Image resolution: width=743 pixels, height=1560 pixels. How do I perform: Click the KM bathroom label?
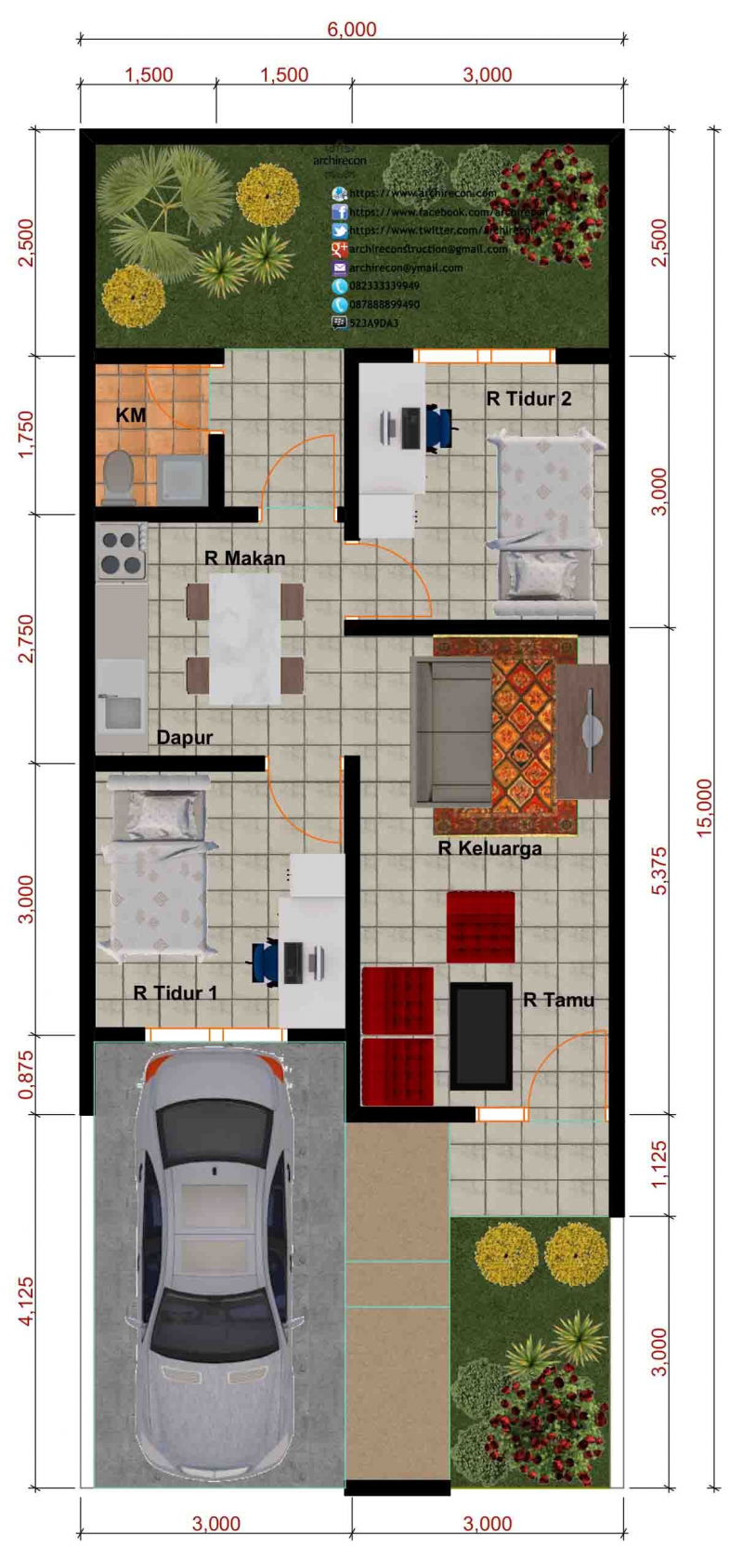click(x=130, y=415)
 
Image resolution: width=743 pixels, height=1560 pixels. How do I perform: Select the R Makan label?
click(x=244, y=557)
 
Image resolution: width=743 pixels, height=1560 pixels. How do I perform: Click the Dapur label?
click(x=184, y=737)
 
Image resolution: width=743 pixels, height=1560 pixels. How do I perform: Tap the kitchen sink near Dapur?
click(x=122, y=711)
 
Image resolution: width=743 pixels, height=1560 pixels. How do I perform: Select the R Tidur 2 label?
click(x=528, y=399)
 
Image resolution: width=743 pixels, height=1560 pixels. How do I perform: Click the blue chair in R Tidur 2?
click(x=440, y=428)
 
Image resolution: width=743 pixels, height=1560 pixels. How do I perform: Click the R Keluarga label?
click(x=489, y=847)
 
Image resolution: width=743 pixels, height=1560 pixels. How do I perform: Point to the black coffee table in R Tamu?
click(x=481, y=1036)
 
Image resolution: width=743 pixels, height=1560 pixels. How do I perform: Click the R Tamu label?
click(x=558, y=1000)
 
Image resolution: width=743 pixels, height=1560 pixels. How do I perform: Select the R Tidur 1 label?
click(x=175, y=992)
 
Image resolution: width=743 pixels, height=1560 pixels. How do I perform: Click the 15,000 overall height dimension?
click(x=705, y=807)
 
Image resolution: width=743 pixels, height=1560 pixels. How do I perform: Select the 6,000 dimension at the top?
click(x=352, y=29)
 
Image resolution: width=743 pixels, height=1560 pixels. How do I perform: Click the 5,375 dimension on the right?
click(x=658, y=871)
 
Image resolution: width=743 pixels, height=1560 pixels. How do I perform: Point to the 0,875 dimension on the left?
click(x=25, y=1075)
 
